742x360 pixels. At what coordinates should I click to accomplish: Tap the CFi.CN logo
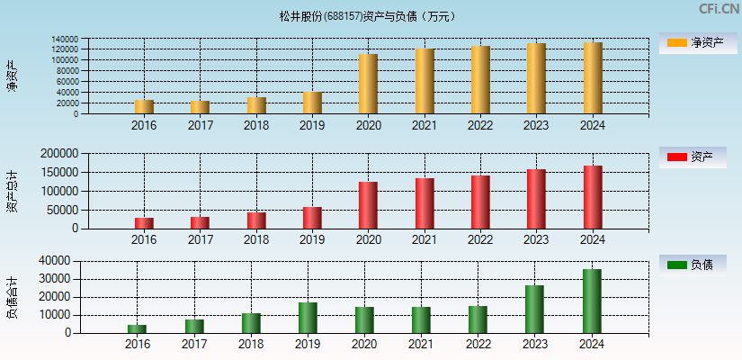[x=719, y=9]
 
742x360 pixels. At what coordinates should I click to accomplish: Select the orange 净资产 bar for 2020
[x=368, y=84]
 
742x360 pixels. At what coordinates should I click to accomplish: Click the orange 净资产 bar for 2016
[x=144, y=107]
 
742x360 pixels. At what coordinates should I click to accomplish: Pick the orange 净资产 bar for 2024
[x=593, y=78]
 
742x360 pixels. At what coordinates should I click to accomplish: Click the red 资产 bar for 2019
[x=312, y=218]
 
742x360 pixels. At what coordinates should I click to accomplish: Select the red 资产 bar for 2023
[x=536, y=199]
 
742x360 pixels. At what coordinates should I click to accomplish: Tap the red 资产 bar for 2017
[x=200, y=222]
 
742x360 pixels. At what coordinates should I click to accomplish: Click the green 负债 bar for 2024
[x=592, y=301]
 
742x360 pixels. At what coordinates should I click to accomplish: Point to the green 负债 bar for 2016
[x=137, y=328]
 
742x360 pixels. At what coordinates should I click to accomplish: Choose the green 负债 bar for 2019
[x=308, y=318]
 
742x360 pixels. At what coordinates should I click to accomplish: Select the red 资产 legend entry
[x=690, y=157]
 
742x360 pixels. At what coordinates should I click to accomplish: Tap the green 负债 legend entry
[x=690, y=265]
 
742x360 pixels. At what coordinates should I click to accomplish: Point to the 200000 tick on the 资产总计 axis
[x=60, y=154]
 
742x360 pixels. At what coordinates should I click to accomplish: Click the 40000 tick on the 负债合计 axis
[x=57, y=261]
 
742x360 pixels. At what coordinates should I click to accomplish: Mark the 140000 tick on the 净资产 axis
[x=64, y=40]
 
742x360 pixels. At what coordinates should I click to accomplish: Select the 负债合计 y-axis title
[x=12, y=297]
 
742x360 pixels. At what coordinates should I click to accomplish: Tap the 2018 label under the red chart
[x=256, y=239]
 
